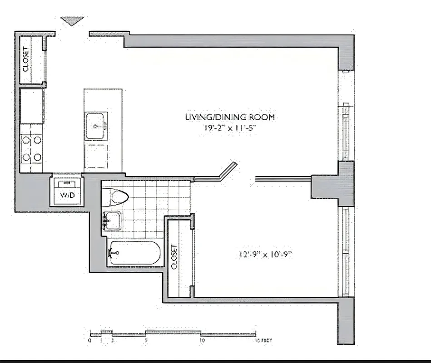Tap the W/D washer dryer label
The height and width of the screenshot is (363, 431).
pos(68,196)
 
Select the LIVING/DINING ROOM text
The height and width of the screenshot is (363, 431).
pos(230,117)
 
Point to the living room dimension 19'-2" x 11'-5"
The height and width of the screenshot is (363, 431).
pos(230,128)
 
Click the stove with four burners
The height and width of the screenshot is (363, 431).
pos(32,149)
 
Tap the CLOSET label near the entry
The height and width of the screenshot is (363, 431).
pos(25,59)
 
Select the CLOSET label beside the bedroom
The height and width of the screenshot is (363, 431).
pos(174,257)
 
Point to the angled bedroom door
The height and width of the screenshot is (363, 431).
pos(228,171)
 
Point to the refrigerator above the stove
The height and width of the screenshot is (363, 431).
pos(32,106)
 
